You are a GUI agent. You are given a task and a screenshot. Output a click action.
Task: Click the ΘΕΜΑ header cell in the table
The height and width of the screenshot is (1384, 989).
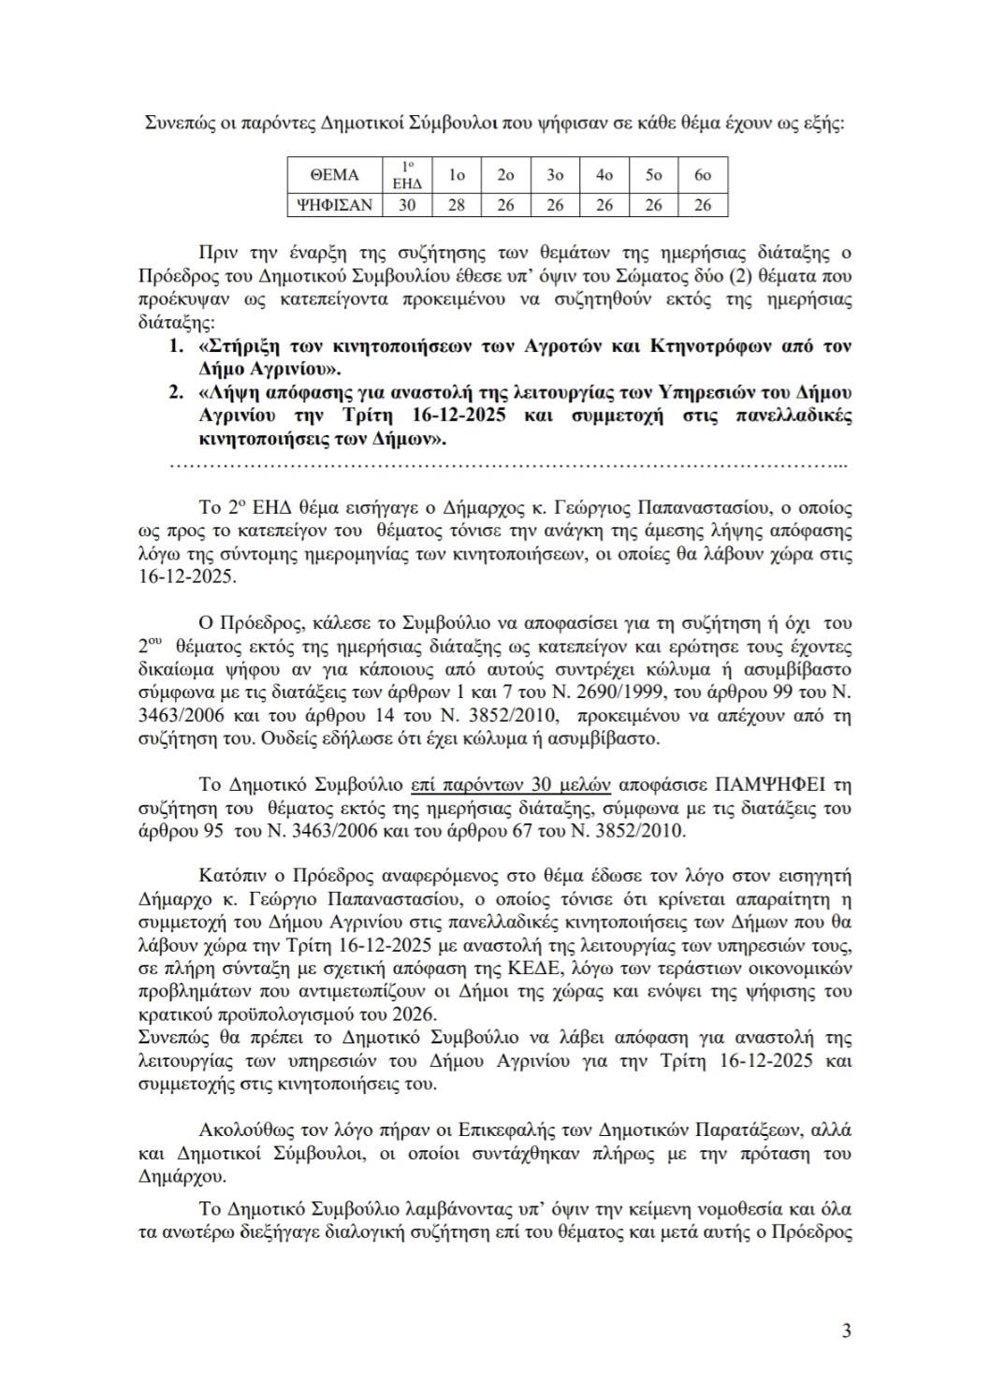coord(334,175)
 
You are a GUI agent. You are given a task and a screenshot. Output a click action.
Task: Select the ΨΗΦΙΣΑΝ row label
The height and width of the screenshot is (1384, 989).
coord(334,205)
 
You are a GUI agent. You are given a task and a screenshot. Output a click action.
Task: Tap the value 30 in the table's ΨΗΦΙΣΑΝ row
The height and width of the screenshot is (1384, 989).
coord(407,205)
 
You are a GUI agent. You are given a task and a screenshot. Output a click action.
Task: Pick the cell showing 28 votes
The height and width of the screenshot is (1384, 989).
coord(457,205)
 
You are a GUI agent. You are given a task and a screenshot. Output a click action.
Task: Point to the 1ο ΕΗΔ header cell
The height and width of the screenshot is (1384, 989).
coord(407,175)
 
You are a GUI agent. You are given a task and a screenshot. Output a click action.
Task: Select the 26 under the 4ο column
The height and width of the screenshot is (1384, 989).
coord(604,205)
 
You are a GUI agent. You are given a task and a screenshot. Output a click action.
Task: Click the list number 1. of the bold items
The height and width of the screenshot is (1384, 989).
coord(176,345)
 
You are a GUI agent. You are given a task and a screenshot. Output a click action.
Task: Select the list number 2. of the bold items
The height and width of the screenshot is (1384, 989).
coord(176,391)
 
